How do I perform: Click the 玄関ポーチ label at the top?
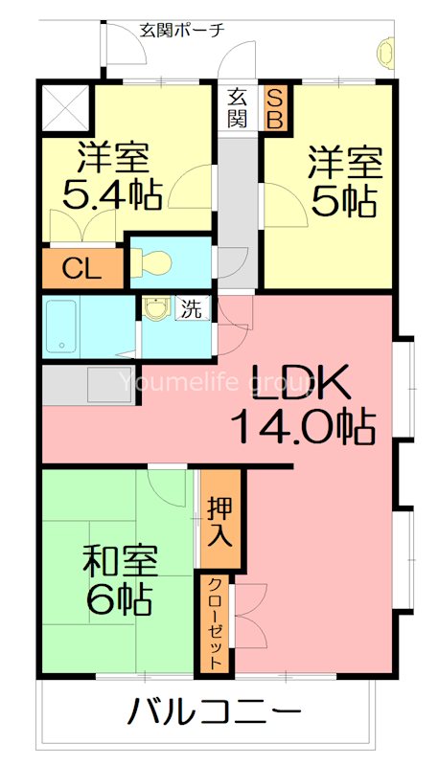click(x=182, y=29)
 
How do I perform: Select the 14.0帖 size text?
click(x=302, y=426)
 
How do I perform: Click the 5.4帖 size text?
click(x=111, y=194)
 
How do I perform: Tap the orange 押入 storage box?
click(x=220, y=522)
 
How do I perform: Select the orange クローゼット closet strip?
click(x=216, y=622)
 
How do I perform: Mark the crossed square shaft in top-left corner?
click(x=65, y=107)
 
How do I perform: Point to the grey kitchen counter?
click(x=89, y=384)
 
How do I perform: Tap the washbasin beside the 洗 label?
click(x=155, y=308)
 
